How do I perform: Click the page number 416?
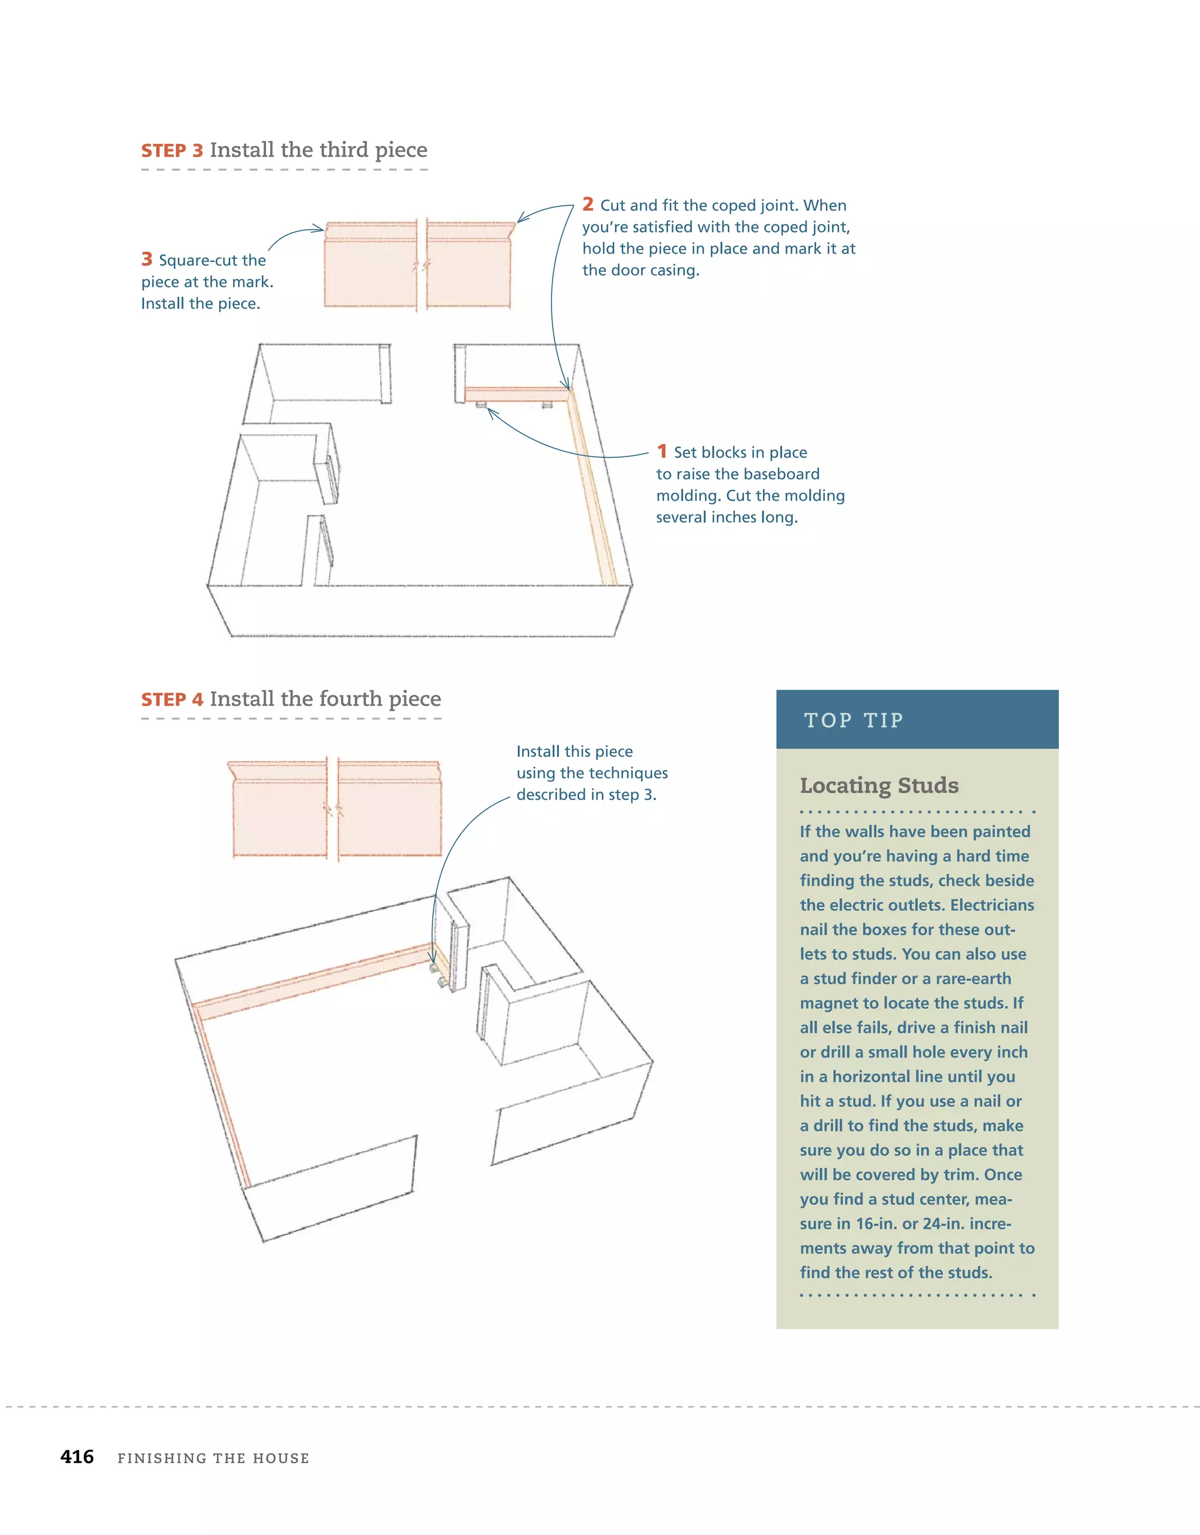pyautogui.click(x=77, y=1457)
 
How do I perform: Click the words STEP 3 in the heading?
pyautogui.click(x=172, y=151)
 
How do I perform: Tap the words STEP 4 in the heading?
pyautogui.click(x=172, y=700)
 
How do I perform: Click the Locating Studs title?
pyautogui.click(x=879, y=785)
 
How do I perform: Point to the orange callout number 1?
pyautogui.click(x=662, y=451)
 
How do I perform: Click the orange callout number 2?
pyautogui.click(x=588, y=204)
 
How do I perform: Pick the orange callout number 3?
pyautogui.click(x=147, y=260)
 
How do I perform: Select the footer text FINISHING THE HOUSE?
pyautogui.click(x=213, y=1458)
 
